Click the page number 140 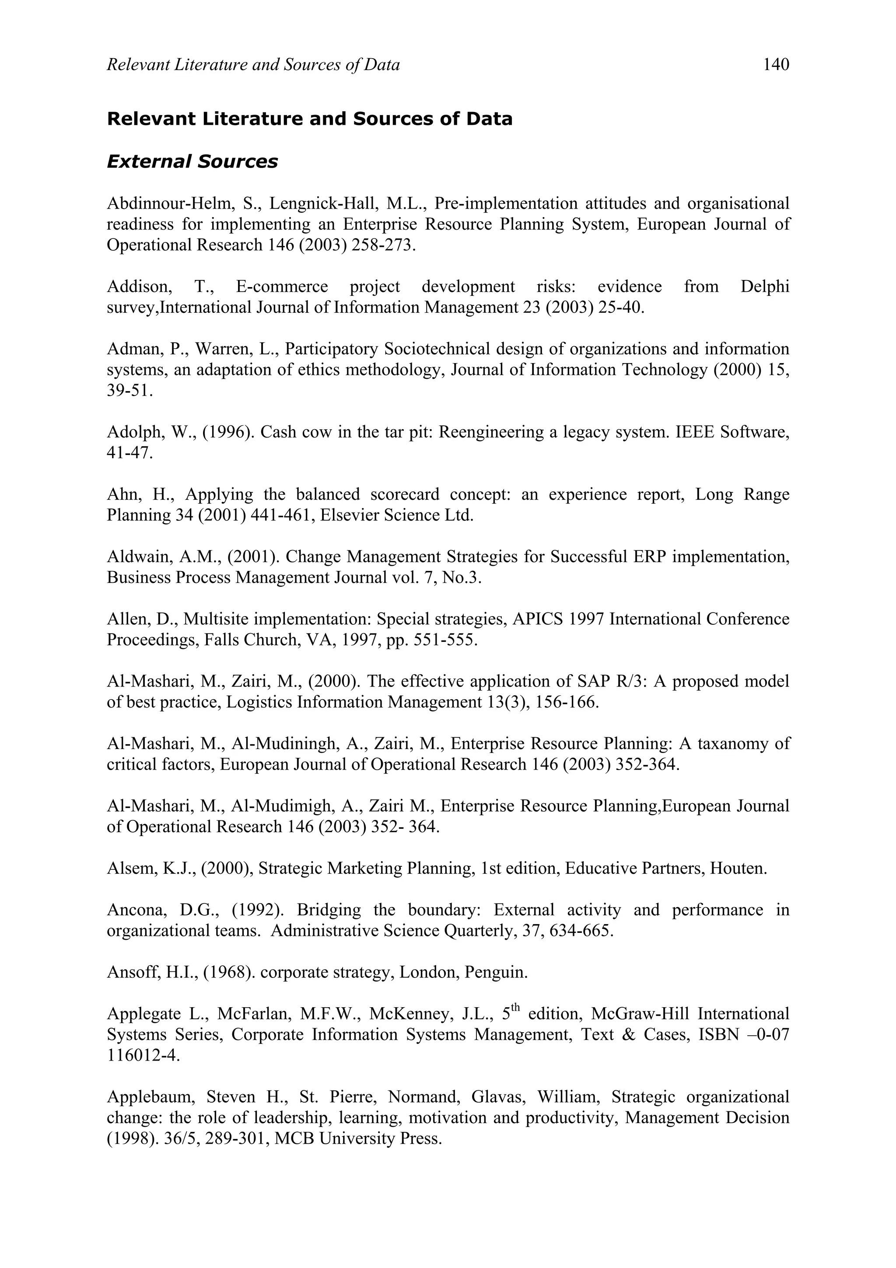coord(776,65)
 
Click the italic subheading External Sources coord(192,161)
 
